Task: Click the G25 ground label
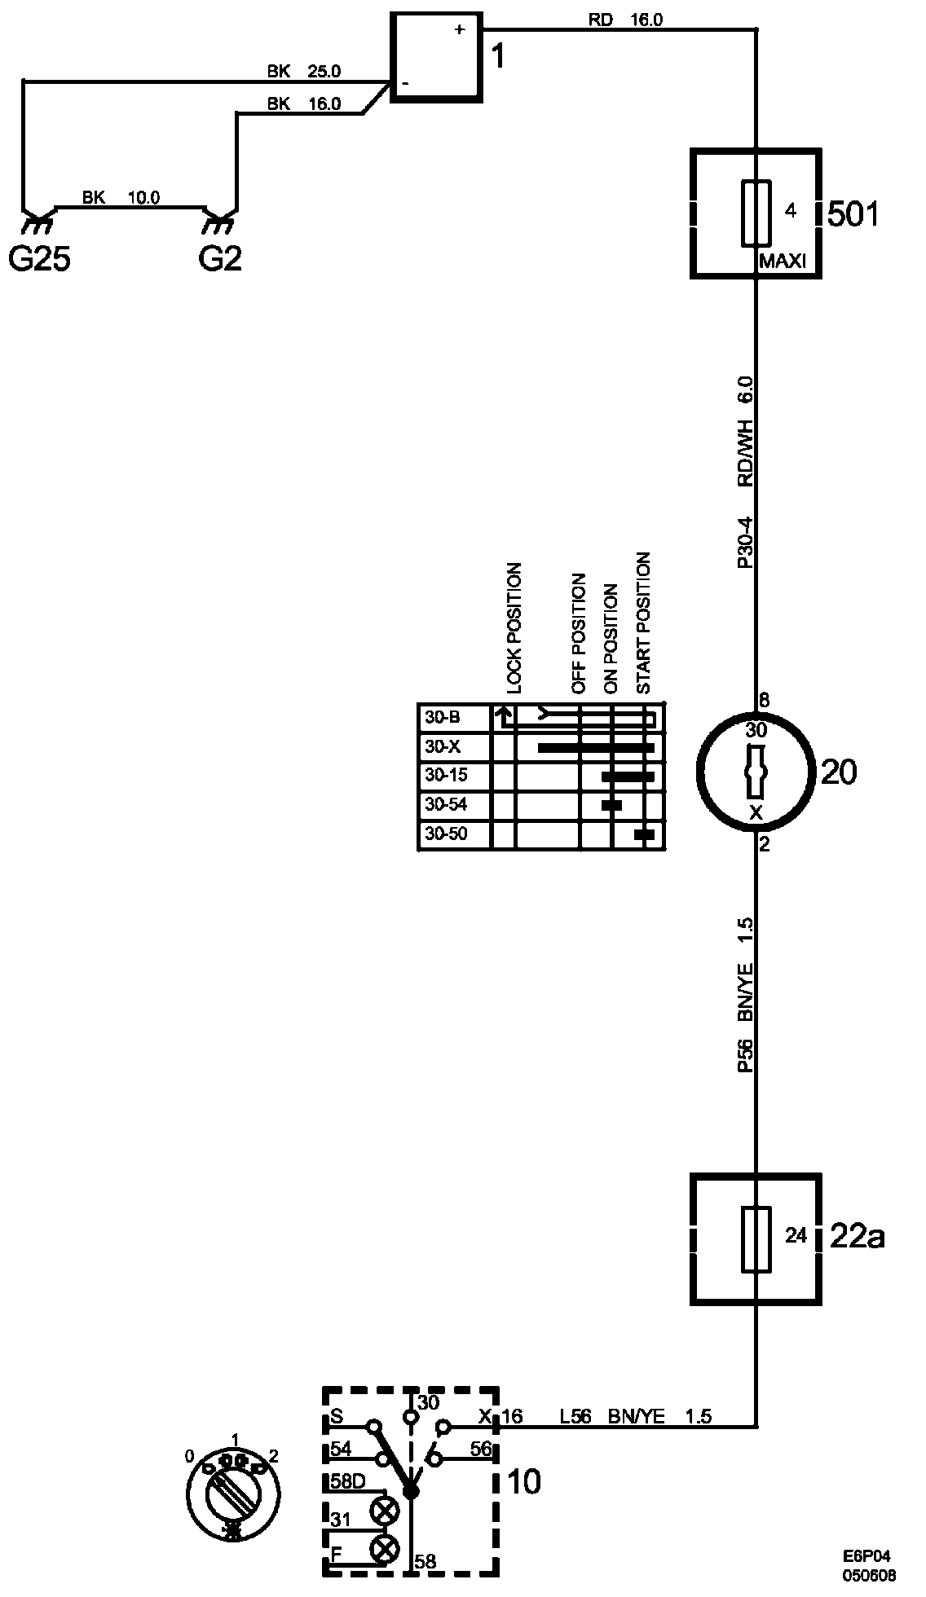coord(39,260)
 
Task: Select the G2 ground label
coord(220,260)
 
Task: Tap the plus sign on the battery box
coord(459,30)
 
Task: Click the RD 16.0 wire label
coord(625,20)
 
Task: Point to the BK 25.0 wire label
coord(303,72)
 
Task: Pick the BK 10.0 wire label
coord(121,197)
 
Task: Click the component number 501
coord(853,214)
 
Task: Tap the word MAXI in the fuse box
coord(782,262)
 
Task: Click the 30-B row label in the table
coord(443,718)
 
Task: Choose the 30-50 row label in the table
coord(446,834)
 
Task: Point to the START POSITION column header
coord(644,623)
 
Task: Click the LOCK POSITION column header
coord(514,627)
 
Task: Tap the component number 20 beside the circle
coord(839,772)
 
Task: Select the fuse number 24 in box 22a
coord(796,1236)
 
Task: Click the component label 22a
coord(857,1237)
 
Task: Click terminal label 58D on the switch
coord(348,1481)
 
